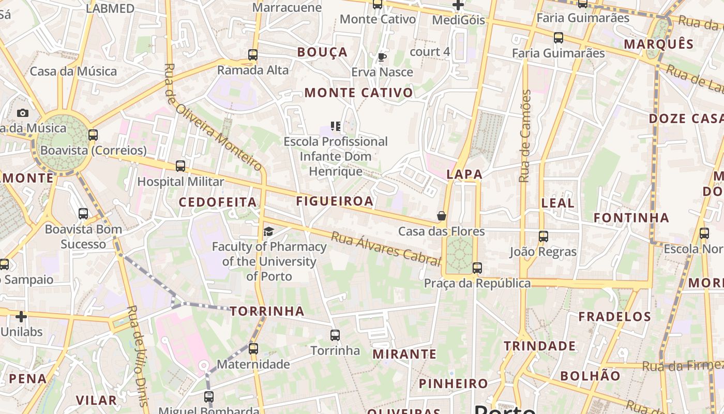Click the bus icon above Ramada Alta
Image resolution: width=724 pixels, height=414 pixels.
253,54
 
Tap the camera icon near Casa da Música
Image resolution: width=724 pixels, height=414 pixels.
23,113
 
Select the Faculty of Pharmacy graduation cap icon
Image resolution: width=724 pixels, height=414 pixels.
268,231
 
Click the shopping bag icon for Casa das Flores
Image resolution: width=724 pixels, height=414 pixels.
442,216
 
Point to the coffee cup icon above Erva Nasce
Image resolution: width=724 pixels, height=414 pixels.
382,57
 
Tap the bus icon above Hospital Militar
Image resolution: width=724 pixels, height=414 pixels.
180,166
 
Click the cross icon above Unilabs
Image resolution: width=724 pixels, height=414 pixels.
21,316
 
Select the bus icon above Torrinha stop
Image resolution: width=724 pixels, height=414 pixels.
335,335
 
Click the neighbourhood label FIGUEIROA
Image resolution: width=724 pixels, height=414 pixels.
335,201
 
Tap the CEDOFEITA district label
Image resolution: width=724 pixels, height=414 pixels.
218,202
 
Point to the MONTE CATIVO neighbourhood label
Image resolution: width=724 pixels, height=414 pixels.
359,93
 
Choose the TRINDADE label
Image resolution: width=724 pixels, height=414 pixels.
540,346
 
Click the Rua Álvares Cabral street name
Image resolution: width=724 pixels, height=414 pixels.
385,249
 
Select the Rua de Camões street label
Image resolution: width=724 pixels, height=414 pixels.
524,136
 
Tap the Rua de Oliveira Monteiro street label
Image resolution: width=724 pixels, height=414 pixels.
213,117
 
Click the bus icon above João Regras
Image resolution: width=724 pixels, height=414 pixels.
543,236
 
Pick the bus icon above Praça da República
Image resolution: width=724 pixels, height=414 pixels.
477,268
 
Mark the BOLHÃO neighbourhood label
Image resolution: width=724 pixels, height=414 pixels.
590,376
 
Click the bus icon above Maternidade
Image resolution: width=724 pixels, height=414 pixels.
253,349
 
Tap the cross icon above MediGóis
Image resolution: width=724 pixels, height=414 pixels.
458,5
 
